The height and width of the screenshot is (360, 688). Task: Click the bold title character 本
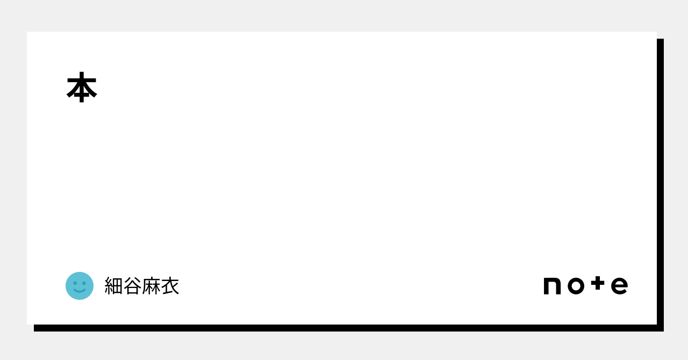pos(82,88)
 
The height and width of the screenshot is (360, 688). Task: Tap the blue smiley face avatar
pos(80,286)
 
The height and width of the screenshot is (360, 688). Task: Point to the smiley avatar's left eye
pos(75,283)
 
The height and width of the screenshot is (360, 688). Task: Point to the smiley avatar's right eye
pos(84,283)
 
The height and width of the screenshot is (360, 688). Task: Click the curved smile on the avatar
pos(80,291)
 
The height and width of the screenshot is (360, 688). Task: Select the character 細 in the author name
pos(113,286)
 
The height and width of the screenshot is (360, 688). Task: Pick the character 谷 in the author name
pos(132,286)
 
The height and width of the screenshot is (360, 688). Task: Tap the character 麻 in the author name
pos(151,286)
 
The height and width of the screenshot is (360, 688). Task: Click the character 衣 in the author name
pos(170,286)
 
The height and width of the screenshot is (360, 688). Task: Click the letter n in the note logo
pos(552,286)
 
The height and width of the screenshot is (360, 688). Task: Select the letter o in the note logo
pos(575,286)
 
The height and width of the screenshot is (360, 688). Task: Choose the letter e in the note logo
pos(619,286)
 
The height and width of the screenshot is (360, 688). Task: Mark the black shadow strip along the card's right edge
pos(660,183)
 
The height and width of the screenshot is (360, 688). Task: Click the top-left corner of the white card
pos(27,32)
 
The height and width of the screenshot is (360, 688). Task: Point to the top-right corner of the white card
pos(656,32)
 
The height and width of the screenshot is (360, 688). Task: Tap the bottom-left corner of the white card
pos(27,323)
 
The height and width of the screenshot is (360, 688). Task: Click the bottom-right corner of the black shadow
pos(663,330)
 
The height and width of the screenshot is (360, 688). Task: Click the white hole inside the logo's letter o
pos(575,286)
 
